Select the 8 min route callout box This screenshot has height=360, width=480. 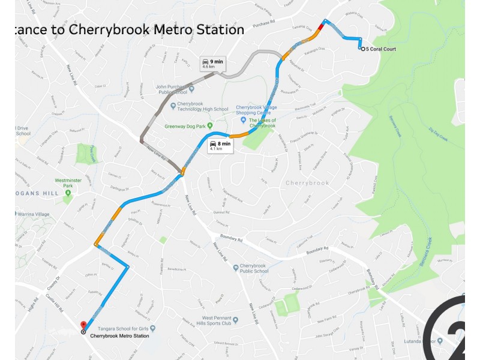220,146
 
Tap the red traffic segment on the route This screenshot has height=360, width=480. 323,26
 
